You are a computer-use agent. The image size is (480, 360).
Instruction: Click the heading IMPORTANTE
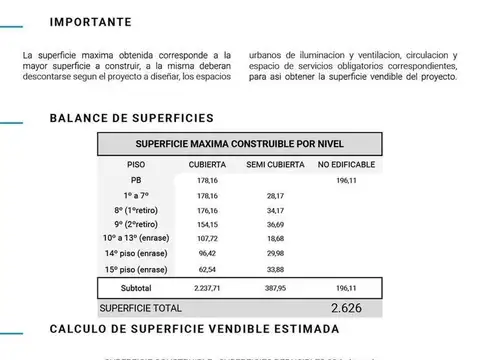coord(91,20)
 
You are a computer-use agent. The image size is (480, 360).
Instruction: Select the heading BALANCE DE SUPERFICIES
coord(131,118)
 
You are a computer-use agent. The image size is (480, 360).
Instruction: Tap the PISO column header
coord(136,164)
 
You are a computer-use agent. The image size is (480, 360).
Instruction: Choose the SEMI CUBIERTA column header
coord(275,164)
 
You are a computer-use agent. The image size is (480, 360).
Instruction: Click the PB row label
coord(136,180)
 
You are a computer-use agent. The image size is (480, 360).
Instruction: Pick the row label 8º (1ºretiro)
coord(136,211)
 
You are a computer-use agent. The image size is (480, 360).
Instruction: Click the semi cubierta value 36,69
coord(275,226)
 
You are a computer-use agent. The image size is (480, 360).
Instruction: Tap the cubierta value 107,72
coord(208,240)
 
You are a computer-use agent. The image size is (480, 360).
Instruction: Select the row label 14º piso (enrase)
coord(136,254)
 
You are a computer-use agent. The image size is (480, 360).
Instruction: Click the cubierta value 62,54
coord(208,270)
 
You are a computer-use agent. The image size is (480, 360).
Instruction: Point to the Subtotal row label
coord(136,288)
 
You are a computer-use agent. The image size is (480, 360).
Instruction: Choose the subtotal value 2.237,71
coord(208,288)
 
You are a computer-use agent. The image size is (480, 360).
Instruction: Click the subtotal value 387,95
coord(275,288)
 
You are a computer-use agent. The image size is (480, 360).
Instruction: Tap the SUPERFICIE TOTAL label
coord(140,308)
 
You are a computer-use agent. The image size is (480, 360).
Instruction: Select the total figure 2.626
coord(343,308)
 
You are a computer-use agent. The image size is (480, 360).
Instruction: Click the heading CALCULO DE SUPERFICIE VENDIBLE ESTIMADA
coord(194,329)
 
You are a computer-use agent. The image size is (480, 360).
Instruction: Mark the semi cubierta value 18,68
coord(275,240)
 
